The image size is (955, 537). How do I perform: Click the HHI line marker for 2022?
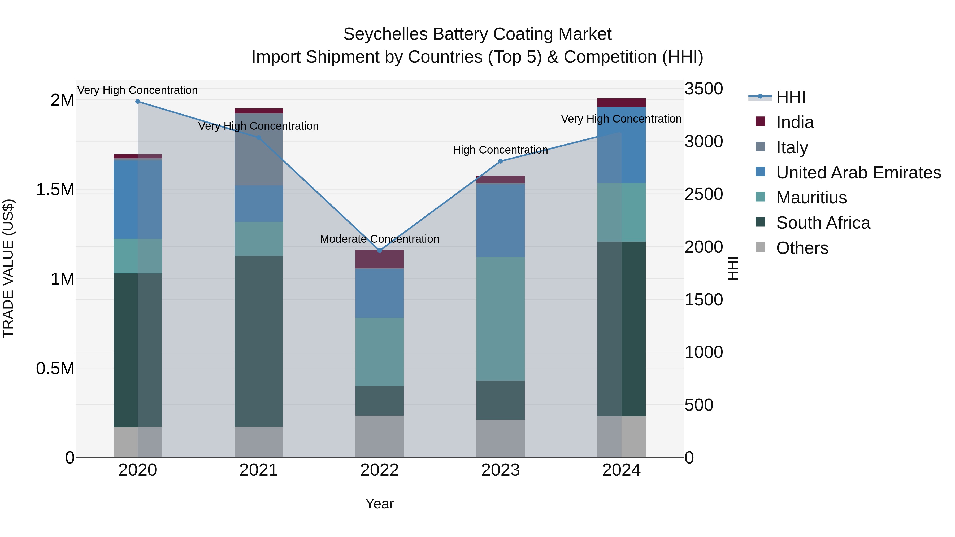[379, 251]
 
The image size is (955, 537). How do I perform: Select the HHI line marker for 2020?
[137, 101]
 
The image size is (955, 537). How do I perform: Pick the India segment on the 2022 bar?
[379, 259]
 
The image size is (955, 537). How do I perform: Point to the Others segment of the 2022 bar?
[379, 436]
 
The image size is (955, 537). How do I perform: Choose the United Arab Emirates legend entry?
[858, 172]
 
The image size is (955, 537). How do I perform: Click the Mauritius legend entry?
[811, 198]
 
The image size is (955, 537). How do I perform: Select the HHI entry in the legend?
[791, 97]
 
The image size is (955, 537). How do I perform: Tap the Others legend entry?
[802, 248]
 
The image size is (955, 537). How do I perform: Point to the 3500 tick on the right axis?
[703, 89]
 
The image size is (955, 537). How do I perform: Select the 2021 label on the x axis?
[258, 470]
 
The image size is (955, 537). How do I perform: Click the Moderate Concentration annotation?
[379, 239]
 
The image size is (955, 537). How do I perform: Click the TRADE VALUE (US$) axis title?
[8, 268]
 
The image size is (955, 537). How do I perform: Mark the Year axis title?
[379, 504]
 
